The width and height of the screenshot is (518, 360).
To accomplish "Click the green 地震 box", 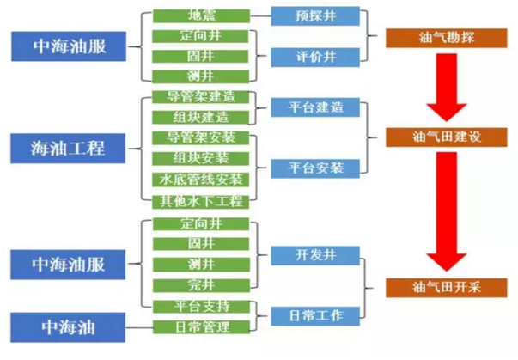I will click(x=201, y=16).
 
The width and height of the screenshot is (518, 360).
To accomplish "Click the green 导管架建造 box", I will click(x=201, y=96).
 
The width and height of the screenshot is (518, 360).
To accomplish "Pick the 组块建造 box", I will click(x=201, y=117).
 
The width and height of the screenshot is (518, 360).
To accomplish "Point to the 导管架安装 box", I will click(x=201, y=137).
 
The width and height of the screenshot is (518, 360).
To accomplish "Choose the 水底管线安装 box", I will click(x=201, y=180).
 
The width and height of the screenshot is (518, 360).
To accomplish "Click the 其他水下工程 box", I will click(x=201, y=201).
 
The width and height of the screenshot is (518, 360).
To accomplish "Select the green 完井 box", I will click(x=201, y=284).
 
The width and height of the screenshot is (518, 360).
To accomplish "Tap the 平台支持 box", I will click(x=201, y=306).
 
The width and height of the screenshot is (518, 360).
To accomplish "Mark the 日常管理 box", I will click(x=201, y=326).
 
